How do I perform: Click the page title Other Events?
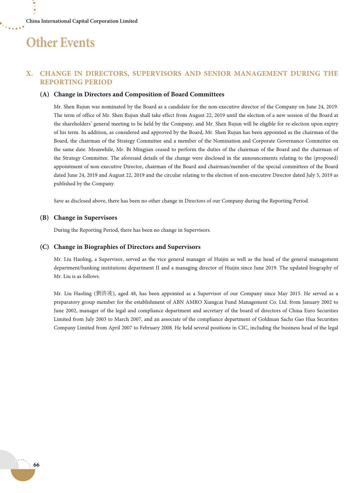60,43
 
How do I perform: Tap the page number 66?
36,465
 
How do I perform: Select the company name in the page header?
82,21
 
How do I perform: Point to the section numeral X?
29,74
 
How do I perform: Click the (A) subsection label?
44,94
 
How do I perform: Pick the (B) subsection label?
44,218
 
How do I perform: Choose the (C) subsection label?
44,247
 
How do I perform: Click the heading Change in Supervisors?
85,218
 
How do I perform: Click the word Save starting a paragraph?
59,201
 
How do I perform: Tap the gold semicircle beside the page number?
23,475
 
